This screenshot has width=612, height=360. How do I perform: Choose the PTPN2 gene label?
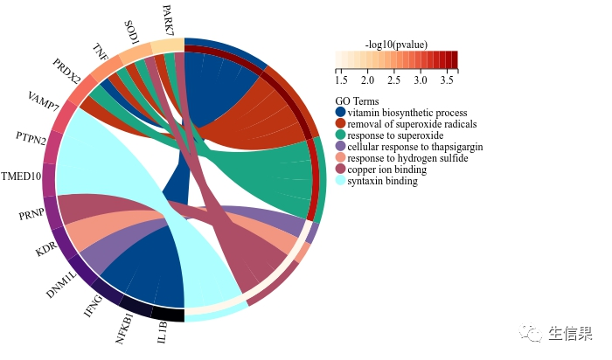tap(31, 137)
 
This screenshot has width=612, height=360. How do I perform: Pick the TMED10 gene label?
tap(22, 177)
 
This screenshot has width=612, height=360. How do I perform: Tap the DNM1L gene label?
tap(62, 284)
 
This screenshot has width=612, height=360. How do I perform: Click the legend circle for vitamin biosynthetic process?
tap(340, 113)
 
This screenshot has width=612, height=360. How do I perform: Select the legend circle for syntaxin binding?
tap(340, 181)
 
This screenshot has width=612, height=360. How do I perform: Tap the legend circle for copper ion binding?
tap(340, 170)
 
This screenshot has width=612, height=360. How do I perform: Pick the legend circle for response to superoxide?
tap(340, 135)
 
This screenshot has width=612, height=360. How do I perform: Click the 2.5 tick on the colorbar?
tap(394, 80)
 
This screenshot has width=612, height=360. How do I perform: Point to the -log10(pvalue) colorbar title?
tap(395, 44)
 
